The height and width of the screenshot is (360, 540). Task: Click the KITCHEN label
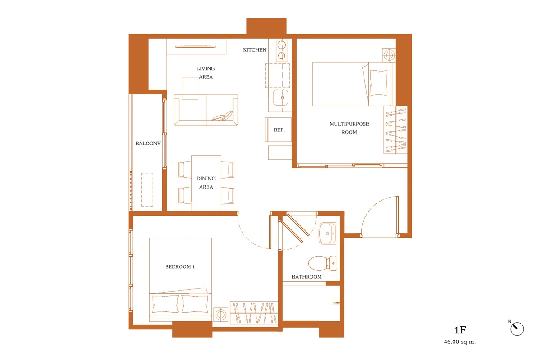[255, 50]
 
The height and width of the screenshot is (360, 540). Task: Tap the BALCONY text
[148, 144]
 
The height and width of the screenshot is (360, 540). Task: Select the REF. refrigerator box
[279, 130]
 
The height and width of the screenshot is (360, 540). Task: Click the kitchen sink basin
[280, 97]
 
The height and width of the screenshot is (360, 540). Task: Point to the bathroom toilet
[322, 263]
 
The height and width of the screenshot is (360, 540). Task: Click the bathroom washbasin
[327, 234]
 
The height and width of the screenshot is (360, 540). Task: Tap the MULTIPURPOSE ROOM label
[349, 128]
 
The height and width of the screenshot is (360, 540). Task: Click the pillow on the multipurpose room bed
[378, 83]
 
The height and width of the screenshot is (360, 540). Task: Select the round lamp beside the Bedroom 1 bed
[220, 314]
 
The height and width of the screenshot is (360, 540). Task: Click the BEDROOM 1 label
[180, 267]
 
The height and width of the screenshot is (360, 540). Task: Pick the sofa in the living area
[206, 110]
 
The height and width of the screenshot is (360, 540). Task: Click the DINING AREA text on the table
[206, 183]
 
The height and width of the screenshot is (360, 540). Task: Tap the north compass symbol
[517, 329]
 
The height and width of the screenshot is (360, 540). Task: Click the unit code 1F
[460, 330]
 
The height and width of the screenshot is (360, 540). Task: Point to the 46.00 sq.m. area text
[460, 342]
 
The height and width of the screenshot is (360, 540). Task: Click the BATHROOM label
[306, 277]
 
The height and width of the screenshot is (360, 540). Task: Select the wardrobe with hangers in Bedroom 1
[254, 313]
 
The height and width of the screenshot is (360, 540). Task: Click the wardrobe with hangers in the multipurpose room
[396, 130]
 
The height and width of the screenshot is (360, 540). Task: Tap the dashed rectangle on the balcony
[147, 189]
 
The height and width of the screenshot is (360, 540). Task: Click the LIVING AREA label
[206, 72]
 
